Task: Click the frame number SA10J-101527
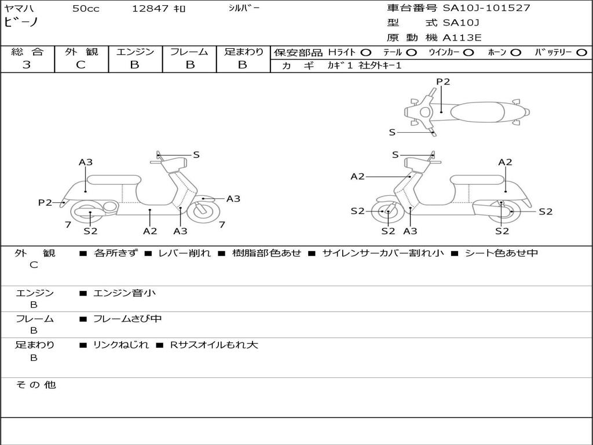click(x=486, y=8)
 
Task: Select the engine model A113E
click(x=462, y=38)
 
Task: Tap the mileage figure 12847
click(x=150, y=9)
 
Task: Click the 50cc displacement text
click(x=86, y=9)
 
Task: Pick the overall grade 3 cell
click(x=27, y=65)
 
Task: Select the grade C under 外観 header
click(x=81, y=65)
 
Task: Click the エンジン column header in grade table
click(x=135, y=52)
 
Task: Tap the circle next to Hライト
click(x=366, y=52)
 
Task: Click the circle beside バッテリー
click(x=581, y=52)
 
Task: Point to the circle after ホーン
click(x=516, y=52)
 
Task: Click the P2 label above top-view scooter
click(x=443, y=82)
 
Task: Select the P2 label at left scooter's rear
click(x=45, y=202)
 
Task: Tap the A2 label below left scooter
click(x=150, y=231)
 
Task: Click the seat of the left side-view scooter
click(x=113, y=179)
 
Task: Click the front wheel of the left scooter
click(x=204, y=211)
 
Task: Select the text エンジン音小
click(x=124, y=293)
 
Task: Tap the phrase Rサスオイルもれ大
click(x=214, y=345)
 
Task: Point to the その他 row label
click(x=35, y=385)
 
